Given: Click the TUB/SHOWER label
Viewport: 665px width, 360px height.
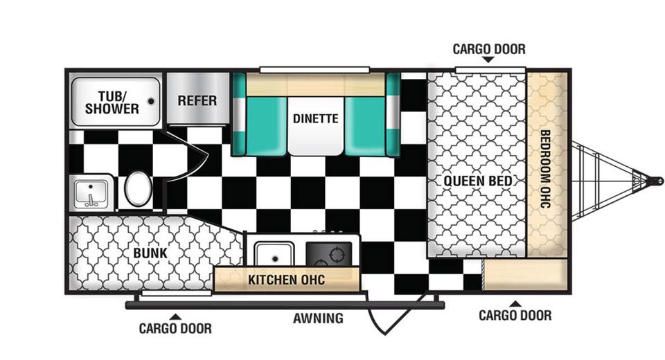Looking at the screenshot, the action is click(x=112, y=103).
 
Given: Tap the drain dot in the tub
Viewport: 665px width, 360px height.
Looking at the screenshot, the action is click(x=151, y=101).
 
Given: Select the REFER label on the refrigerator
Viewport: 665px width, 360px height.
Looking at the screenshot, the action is click(x=197, y=101).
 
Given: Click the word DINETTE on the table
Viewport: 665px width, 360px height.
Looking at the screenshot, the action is click(x=316, y=118).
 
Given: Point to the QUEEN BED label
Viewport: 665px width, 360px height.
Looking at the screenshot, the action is click(x=478, y=181).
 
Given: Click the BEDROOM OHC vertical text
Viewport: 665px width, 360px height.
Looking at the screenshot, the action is click(x=545, y=169).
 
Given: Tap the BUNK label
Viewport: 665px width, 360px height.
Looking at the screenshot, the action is click(x=150, y=253).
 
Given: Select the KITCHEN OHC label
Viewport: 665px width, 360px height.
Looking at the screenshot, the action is click(x=286, y=280).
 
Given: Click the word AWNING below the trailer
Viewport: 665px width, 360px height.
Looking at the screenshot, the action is click(x=318, y=318).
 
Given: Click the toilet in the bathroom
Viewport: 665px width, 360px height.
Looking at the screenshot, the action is click(x=139, y=188).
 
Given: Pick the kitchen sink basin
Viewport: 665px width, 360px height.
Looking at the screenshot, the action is click(x=274, y=254).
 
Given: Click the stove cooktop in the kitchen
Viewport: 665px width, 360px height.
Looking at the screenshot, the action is click(x=329, y=253).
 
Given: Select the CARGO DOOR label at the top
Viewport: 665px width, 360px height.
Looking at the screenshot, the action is click(x=489, y=49).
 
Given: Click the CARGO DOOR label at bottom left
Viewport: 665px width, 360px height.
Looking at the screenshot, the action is click(x=175, y=328).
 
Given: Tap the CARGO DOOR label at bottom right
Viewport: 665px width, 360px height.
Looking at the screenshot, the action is click(x=515, y=316).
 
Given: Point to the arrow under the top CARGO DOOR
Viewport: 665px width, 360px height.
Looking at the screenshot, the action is click(x=488, y=60).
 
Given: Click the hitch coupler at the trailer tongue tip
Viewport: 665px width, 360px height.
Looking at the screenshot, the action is click(x=657, y=181).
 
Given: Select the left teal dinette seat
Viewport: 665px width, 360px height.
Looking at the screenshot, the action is click(x=260, y=126).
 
